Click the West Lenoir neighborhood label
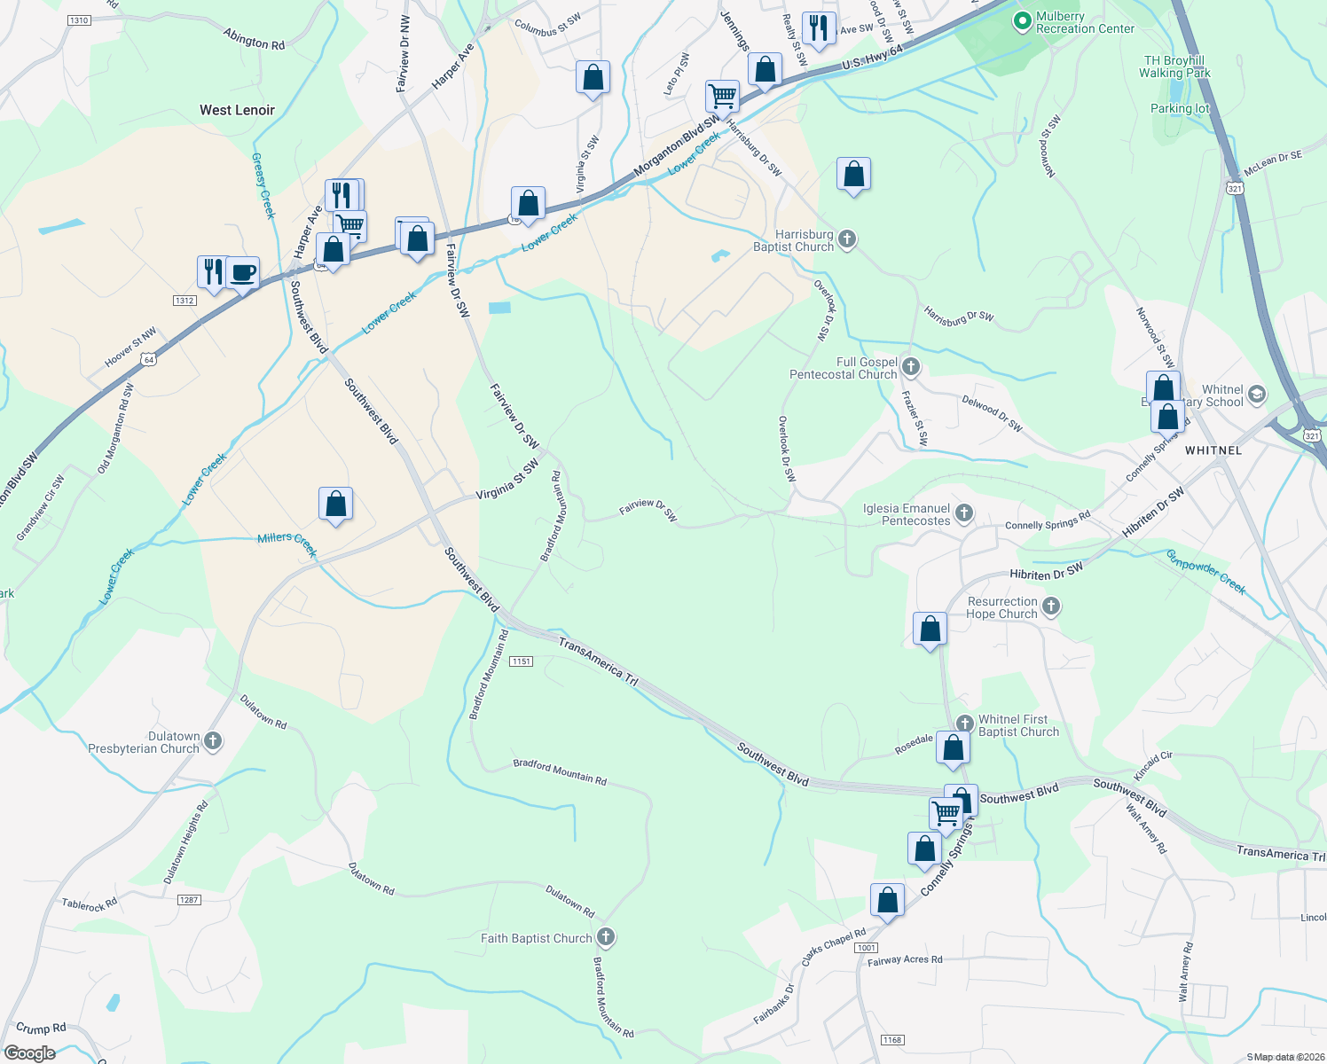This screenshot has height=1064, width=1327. click(x=237, y=110)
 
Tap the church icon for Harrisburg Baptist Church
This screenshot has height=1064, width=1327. click(x=847, y=239)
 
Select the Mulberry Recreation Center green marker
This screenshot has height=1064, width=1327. click(x=1022, y=20)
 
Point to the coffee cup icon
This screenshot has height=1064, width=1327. click(x=242, y=272)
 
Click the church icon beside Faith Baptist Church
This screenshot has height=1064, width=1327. click(x=606, y=936)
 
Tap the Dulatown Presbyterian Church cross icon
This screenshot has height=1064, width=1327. click(x=213, y=740)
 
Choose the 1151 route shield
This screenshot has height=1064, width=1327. click(x=521, y=661)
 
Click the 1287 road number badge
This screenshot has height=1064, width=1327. click(x=189, y=899)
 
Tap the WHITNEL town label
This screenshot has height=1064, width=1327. click(x=1213, y=450)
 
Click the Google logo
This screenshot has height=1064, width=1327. click(x=29, y=1053)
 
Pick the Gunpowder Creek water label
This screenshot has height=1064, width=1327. click(x=1205, y=572)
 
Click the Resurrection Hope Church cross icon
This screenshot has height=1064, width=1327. click(x=1051, y=606)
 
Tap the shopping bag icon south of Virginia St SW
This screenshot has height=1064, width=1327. click(x=335, y=504)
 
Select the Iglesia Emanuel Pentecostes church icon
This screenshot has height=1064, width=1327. click(x=964, y=512)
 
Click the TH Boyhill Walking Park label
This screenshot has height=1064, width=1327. click(x=1174, y=66)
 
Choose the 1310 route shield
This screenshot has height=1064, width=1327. click(x=79, y=20)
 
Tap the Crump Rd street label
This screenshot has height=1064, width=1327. click(x=41, y=1028)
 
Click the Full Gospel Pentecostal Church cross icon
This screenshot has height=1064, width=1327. click(x=910, y=366)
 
